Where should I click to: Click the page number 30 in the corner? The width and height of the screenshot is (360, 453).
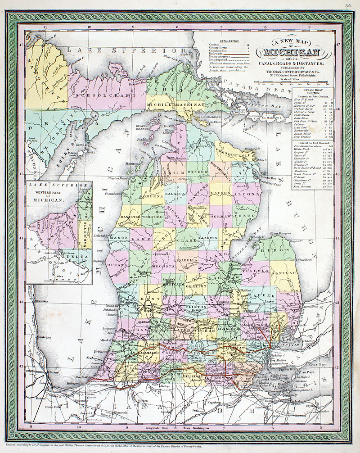(x=348, y=5)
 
